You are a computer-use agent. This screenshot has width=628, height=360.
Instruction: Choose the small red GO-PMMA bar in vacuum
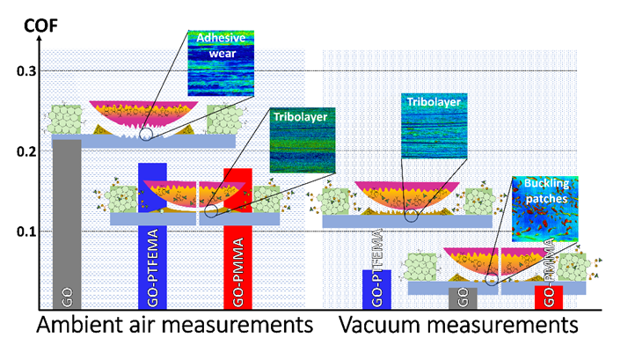click(x=548, y=298)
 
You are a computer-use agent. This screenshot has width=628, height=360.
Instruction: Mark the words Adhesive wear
click(x=215, y=45)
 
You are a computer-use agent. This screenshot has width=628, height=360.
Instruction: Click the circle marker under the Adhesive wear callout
click(x=145, y=134)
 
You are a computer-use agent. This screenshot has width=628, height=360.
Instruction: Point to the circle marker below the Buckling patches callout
click(x=491, y=279)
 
